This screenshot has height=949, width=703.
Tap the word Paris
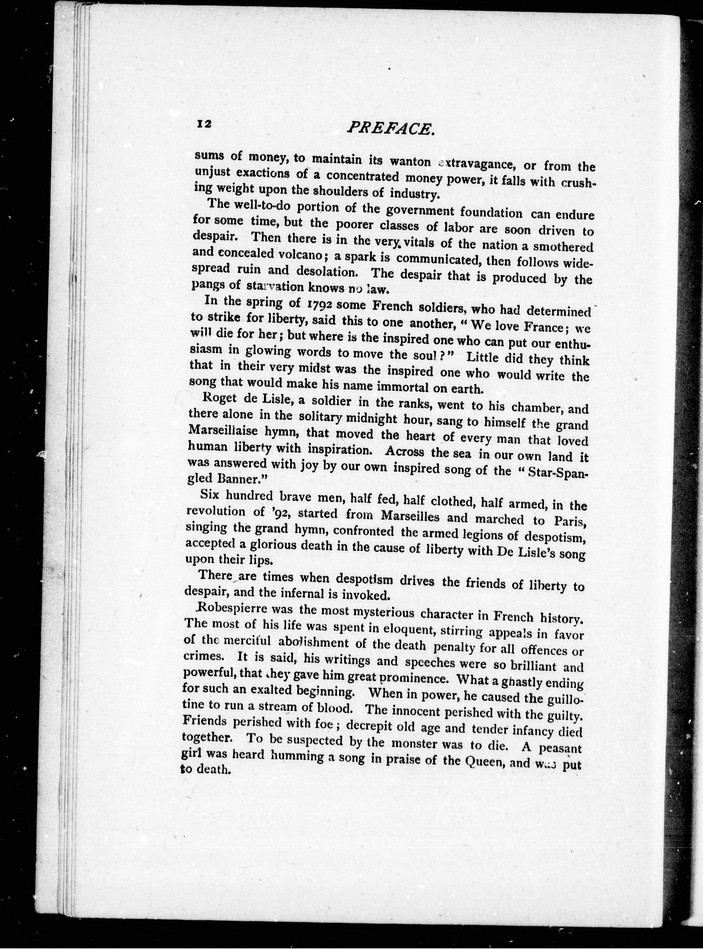(569, 522)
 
